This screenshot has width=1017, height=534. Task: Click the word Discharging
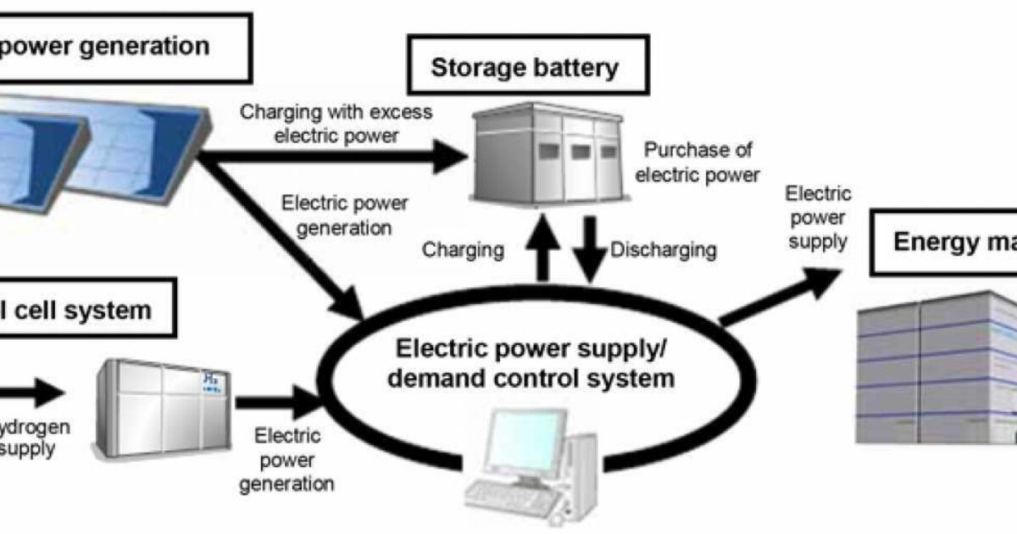pos(663,250)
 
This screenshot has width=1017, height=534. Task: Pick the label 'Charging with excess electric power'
pos(336,123)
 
